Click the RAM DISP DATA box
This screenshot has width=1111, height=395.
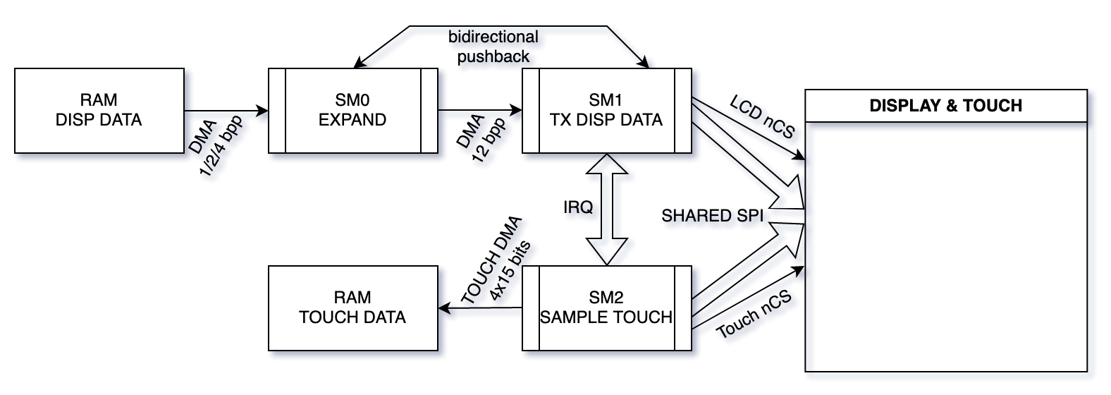[x=99, y=111]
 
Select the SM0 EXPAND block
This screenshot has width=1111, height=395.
[x=352, y=111]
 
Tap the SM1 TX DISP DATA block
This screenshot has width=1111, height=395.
[x=606, y=111]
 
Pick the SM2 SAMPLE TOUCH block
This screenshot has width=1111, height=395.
[x=606, y=308]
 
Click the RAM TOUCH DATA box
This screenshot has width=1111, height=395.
[x=352, y=308]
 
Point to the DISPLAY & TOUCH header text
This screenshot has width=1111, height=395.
[x=946, y=106]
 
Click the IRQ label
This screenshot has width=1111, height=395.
[x=578, y=207]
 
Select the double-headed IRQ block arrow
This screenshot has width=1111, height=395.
[x=607, y=209]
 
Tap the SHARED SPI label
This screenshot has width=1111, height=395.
[x=712, y=216]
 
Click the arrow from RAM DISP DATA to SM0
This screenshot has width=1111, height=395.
[x=226, y=111]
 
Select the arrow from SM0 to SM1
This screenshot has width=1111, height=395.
[x=479, y=111]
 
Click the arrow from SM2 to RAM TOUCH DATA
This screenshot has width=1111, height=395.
[x=479, y=308]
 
